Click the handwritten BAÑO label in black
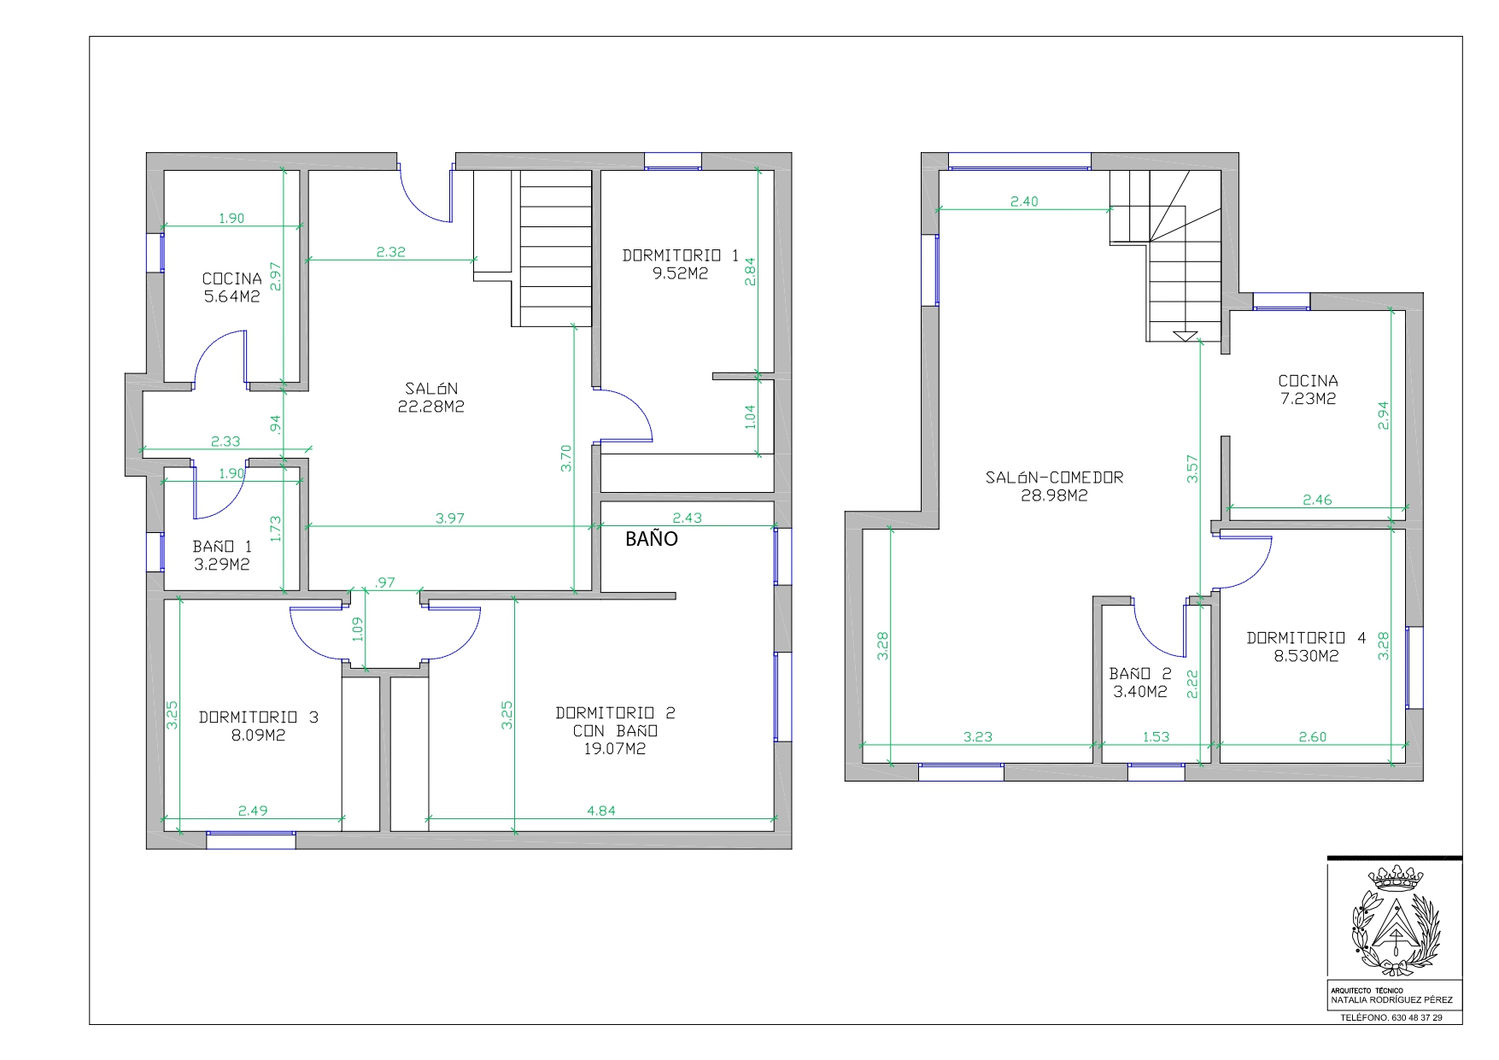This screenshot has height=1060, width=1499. click(651, 539)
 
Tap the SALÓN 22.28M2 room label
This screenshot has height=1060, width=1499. click(431, 398)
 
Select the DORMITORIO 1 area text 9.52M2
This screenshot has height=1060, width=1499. click(680, 274)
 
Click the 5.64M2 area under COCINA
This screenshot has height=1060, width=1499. click(231, 297)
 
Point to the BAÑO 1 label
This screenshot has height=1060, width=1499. click(222, 547)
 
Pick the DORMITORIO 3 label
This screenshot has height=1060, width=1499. click(258, 717)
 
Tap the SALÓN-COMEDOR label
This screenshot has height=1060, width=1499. click(1054, 478)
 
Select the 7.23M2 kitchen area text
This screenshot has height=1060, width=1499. click(1308, 399)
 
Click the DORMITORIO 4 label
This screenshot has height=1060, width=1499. click(1306, 638)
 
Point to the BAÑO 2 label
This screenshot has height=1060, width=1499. click(1140, 674)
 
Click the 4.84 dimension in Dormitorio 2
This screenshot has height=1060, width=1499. click(601, 811)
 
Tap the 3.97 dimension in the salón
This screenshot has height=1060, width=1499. click(450, 518)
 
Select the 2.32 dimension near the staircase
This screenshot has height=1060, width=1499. click(390, 252)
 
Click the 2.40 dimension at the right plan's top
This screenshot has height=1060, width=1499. click(1024, 202)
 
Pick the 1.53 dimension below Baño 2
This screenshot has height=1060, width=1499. click(1156, 736)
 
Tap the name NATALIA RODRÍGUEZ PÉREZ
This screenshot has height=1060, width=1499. click(1391, 999)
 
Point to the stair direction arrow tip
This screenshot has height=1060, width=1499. click(1185, 340)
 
